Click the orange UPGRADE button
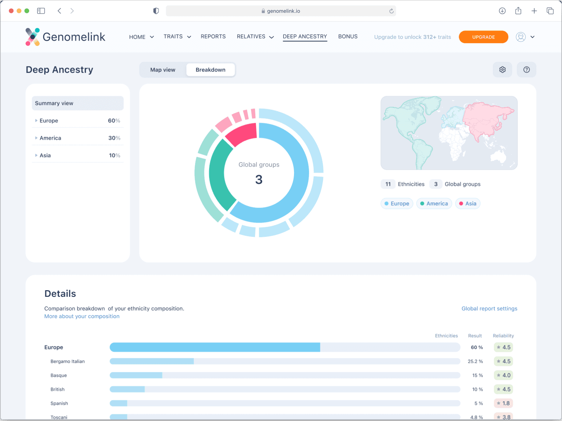483,37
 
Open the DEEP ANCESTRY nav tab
305,36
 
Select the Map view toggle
163,70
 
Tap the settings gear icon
502,69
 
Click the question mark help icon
527,69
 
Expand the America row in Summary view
36,138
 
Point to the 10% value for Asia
115,155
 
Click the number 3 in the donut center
259,179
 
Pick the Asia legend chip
468,203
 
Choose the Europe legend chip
397,203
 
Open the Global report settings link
489,308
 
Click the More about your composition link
82,316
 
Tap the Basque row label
59,375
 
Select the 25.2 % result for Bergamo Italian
475,361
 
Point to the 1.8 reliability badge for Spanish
503,403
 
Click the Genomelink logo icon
33,37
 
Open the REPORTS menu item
213,36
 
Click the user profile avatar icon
521,37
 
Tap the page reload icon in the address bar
391,11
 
